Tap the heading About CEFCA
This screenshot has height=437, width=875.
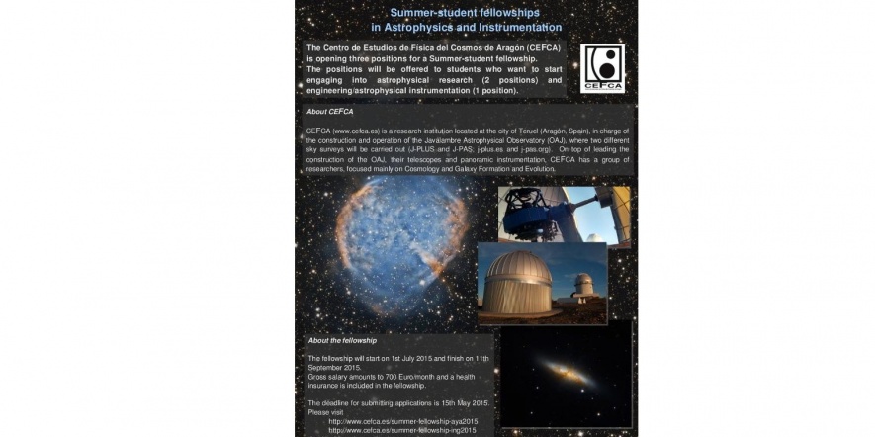click(330, 112)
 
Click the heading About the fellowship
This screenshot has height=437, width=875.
click(342, 340)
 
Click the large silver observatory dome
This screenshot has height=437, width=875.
click(520, 281)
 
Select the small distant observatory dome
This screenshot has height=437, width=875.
click(583, 284)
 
